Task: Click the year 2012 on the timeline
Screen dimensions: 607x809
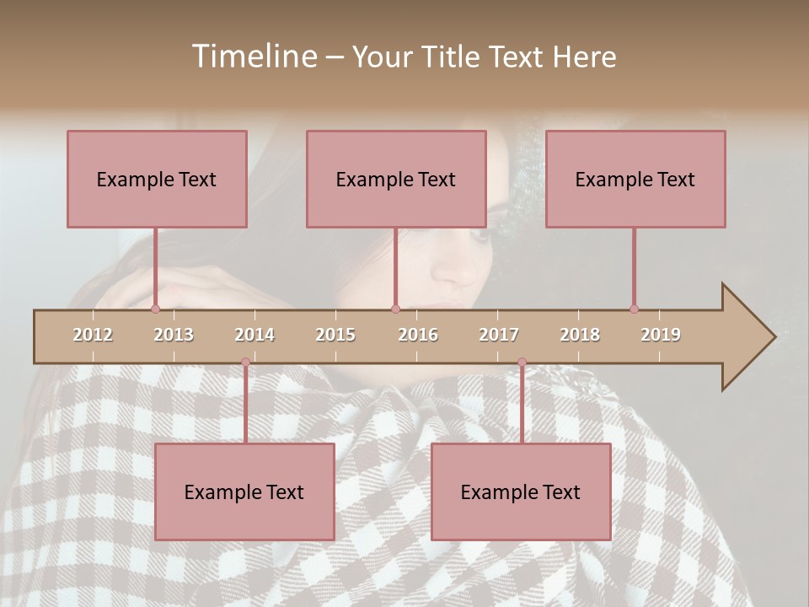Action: (93, 335)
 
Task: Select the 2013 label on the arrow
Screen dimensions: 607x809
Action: (174, 335)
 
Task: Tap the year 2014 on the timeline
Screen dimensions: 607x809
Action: (254, 335)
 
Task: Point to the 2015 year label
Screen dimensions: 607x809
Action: (335, 335)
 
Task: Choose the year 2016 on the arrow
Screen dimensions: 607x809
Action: (418, 335)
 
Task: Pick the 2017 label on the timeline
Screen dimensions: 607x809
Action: (499, 335)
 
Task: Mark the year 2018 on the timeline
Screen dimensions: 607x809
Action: (580, 335)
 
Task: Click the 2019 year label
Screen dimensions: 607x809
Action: (661, 335)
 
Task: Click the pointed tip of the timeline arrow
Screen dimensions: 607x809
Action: (773, 337)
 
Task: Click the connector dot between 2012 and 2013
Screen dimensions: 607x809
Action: (156, 309)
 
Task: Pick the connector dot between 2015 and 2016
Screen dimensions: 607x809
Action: (395, 309)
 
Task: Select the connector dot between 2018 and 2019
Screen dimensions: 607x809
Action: (635, 309)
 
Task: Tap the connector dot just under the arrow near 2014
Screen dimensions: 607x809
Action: (245, 363)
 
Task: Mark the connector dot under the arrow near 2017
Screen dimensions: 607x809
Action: (522, 363)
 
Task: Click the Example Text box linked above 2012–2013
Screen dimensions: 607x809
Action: (157, 179)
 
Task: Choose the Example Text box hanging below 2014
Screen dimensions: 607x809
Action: (244, 492)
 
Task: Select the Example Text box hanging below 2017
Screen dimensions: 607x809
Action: (521, 492)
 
